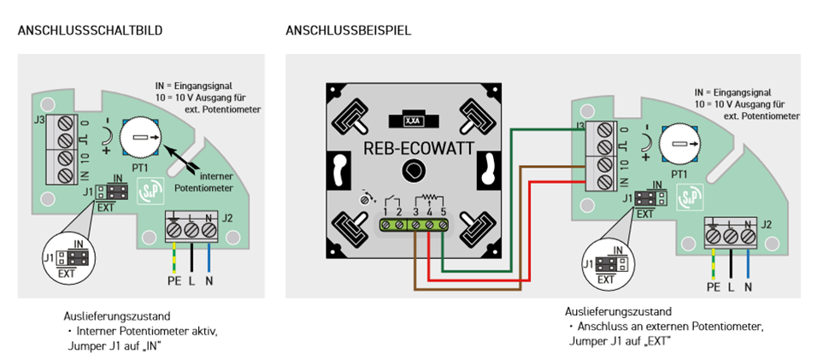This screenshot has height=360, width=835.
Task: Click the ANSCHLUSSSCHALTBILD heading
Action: (90, 30)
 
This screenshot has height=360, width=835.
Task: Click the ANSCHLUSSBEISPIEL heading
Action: (349, 30)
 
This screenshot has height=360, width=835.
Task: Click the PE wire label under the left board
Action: (173, 278)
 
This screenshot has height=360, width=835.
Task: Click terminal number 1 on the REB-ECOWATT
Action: (385, 210)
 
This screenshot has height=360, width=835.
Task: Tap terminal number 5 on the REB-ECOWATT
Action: (443, 210)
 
